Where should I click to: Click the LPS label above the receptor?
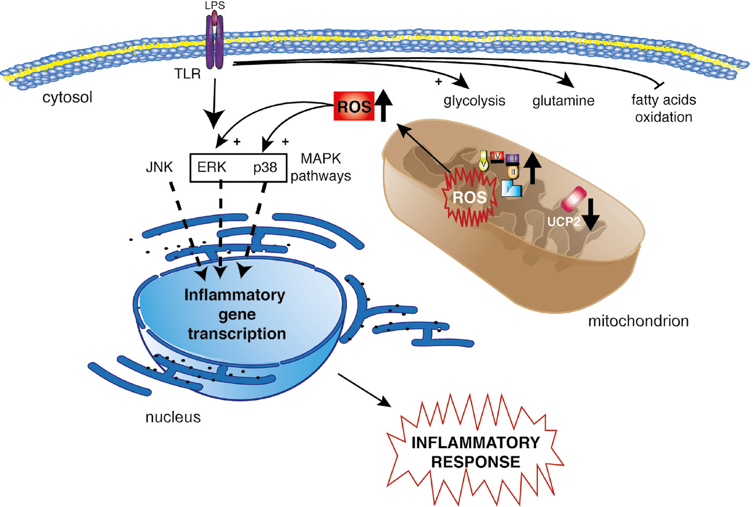(x=215, y=5)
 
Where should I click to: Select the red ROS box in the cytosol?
(x=354, y=106)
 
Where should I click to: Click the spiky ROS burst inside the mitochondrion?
(x=469, y=197)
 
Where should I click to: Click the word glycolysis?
(x=474, y=101)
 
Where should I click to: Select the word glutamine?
(x=563, y=101)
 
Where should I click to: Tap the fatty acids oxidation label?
(x=663, y=108)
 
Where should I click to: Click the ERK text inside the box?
(x=211, y=167)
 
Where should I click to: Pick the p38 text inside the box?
(x=265, y=167)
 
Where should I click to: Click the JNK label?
(x=159, y=167)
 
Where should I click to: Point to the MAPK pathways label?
(x=321, y=167)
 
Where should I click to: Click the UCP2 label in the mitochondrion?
(x=563, y=221)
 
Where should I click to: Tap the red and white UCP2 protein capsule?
(x=574, y=199)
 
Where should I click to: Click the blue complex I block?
(x=511, y=189)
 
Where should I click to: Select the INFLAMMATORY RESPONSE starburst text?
(x=475, y=452)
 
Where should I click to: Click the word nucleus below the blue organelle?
(x=173, y=417)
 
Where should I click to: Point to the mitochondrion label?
(x=638, y=321)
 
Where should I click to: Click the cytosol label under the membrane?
(x=67, y=97)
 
